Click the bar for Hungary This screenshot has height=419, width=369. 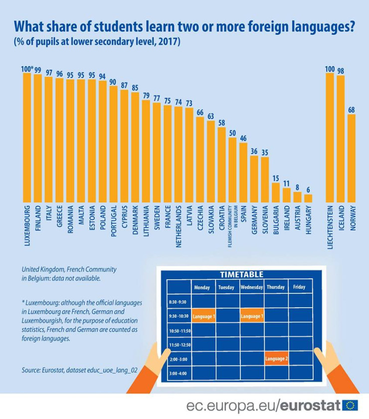click(308, 198)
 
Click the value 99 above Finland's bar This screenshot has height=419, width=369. click(37, 70)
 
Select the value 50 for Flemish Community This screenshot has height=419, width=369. click(232, 133)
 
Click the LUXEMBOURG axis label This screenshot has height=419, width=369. click(27, 222)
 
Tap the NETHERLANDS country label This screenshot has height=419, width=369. click(179, 223)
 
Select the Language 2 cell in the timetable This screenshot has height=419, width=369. click(276, 358)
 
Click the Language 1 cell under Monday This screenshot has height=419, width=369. click(204, 316)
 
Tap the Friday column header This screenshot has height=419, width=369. click(300, 287)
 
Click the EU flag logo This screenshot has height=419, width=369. click(351, 405)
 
